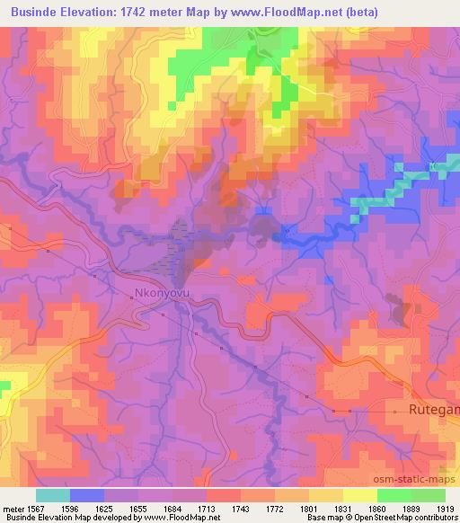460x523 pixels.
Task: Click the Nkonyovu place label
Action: pos(161,293)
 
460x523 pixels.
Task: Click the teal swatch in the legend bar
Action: pos(52,495)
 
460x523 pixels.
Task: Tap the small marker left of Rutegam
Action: pos(394,411)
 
